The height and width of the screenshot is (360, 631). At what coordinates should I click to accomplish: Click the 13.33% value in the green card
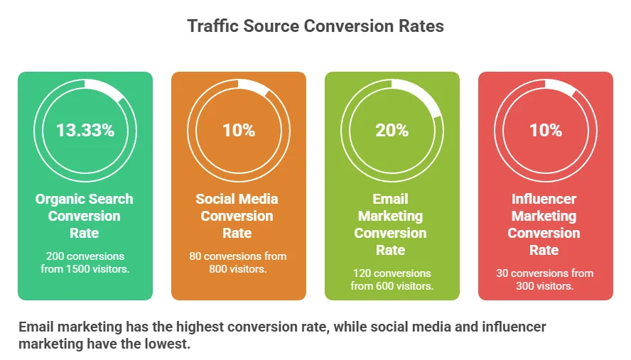pos(85,131)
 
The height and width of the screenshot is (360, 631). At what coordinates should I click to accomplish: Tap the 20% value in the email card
pos(392,131)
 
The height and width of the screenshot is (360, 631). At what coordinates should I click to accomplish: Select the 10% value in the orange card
pos(239,131)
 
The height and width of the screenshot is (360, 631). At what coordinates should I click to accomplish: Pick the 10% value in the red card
pos(546,131)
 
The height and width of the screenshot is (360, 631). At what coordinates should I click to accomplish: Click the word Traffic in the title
pos(213,26)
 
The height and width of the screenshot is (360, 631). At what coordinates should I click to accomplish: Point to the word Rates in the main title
pos(421,26)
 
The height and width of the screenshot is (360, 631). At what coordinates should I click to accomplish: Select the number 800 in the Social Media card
pos(217,268)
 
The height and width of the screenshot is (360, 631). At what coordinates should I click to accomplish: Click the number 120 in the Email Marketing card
pos(362,273)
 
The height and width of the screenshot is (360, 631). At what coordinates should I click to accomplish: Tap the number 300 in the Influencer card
pos(525,286)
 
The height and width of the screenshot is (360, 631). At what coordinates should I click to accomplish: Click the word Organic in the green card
pos(60,199)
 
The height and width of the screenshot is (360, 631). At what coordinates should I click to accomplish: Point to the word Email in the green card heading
pos(390,199)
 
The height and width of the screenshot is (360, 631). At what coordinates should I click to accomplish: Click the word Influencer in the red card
pos(544,199)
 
